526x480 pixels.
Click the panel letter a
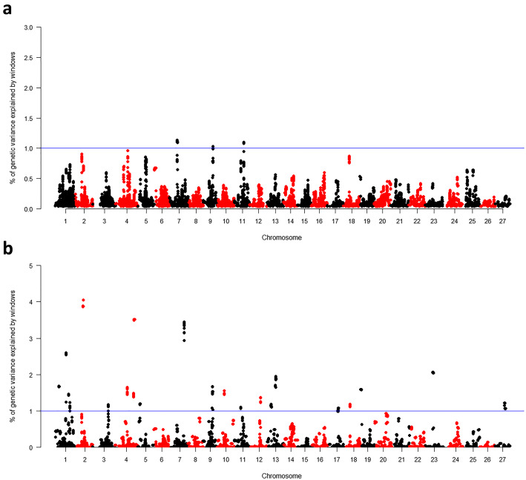(x=7, y=10)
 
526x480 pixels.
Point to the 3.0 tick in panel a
(x=31, y=27)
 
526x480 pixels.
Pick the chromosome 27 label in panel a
(x=505, y=221)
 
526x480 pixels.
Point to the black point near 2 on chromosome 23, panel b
(x=433, y=372)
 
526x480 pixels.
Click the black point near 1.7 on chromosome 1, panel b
(x=59, y=387)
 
